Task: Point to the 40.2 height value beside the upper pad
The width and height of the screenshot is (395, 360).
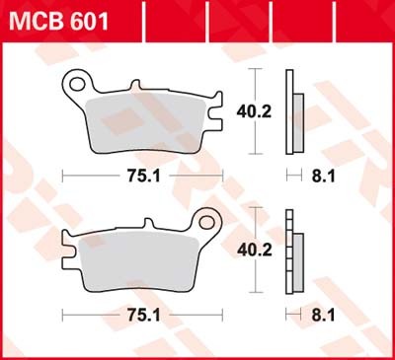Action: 250,112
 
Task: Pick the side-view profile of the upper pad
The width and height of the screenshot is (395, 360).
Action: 289,111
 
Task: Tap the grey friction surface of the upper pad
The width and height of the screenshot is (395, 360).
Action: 148,123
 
